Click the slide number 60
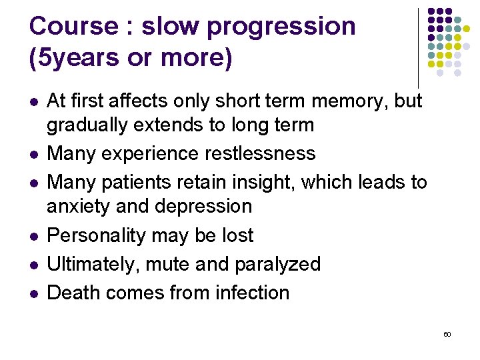pos(447,333)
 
